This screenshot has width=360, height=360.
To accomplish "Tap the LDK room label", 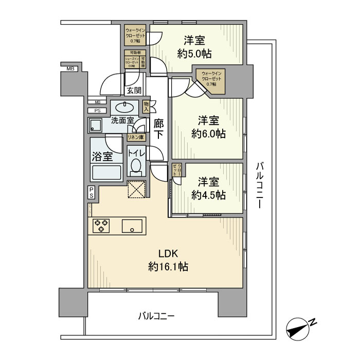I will (x=168, y=253).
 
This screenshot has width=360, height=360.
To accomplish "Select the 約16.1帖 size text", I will (x=168, y=267).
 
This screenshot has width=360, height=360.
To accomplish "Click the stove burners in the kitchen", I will (x=101, y=225).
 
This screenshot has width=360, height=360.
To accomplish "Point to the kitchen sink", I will (x=133, y=225).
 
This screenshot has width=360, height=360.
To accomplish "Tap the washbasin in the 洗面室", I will (x=123, y=107).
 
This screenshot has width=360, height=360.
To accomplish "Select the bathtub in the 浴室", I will (x=106, y=172).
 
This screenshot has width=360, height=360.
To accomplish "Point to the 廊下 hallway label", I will (x=159, y=129).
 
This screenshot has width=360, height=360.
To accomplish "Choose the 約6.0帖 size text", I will (x=208, y=134).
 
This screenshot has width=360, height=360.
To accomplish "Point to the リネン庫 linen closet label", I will (x=136, y=137).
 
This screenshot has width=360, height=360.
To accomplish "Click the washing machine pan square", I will (x=97, y=125).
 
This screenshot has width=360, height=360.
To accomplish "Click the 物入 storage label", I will (x=146, y=107).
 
